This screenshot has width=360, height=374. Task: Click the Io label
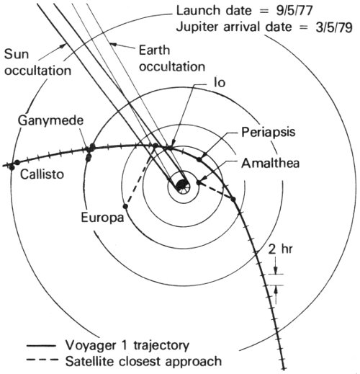[220, 82]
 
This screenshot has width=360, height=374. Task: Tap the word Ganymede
[50, 120]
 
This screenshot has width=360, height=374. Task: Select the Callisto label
[42, 174]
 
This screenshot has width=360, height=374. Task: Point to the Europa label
[102, 218]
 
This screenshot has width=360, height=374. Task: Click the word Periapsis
[269, 133]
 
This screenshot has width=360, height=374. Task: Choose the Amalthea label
[271, 164]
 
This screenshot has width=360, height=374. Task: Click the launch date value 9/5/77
[294, 11]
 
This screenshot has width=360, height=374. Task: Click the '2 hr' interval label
[280, 249]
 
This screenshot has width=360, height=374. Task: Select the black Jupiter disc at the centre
[181, 185]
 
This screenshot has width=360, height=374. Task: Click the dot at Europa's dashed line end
[125, 206]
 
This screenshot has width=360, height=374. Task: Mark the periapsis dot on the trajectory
[199, 159]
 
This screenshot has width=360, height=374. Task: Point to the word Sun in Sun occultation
[17, 54]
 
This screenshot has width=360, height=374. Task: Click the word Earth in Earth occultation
[154, 50]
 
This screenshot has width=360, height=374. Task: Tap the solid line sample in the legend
[41, 346]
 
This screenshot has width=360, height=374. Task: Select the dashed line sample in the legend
[42, 360]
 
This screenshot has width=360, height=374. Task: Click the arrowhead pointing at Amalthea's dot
[204, 179]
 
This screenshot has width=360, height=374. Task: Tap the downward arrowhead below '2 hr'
[276, 270]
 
